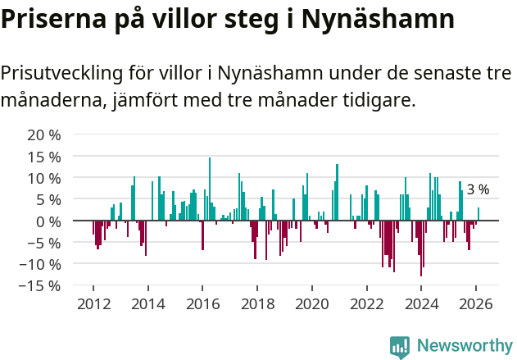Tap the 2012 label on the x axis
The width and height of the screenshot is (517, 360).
[x=93, y=303]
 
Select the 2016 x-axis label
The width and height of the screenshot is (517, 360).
[x=202, y=303]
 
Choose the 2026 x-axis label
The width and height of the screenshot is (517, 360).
[x=476, y=303]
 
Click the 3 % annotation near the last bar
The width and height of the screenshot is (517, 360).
[x=478, y=189]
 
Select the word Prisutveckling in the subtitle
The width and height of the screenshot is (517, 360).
[x=61, y=73]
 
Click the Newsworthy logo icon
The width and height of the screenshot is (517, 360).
[x=400, y=346]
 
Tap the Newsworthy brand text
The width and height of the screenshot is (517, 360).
[x=464, y=346]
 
